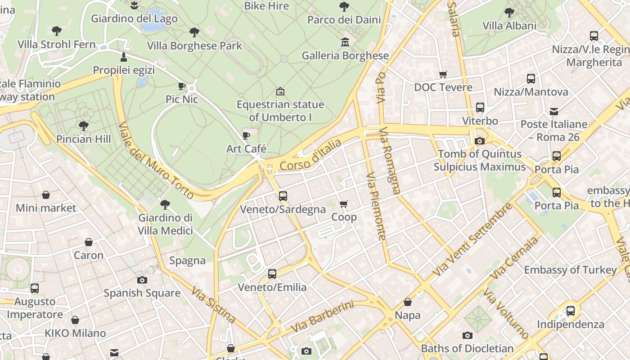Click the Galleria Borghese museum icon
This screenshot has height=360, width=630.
(345, 42)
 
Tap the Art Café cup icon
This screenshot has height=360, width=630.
(246, 135)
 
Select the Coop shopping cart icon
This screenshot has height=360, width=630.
(344, 204)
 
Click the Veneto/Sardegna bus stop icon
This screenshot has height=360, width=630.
(283, 196)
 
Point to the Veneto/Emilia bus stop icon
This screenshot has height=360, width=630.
(272, 274)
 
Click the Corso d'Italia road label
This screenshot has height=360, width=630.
(310, 155)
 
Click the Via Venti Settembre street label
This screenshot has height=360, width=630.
(472, 240)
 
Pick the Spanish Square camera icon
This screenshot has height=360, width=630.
(142, 280)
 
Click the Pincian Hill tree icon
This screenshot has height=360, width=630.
(83, 126)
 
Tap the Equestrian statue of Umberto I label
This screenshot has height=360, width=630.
(280, 111)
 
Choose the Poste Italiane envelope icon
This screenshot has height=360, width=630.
(554, 111)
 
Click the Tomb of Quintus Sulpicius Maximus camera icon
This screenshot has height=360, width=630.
(480, 141)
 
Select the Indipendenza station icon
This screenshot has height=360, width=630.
(571, 310)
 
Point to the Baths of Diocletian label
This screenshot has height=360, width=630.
(467, 348)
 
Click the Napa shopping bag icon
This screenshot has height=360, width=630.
(407, 302)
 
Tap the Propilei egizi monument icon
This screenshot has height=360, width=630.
(124, 57)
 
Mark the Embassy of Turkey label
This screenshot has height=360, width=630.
(570, 270)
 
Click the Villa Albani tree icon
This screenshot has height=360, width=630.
(509, 12)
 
